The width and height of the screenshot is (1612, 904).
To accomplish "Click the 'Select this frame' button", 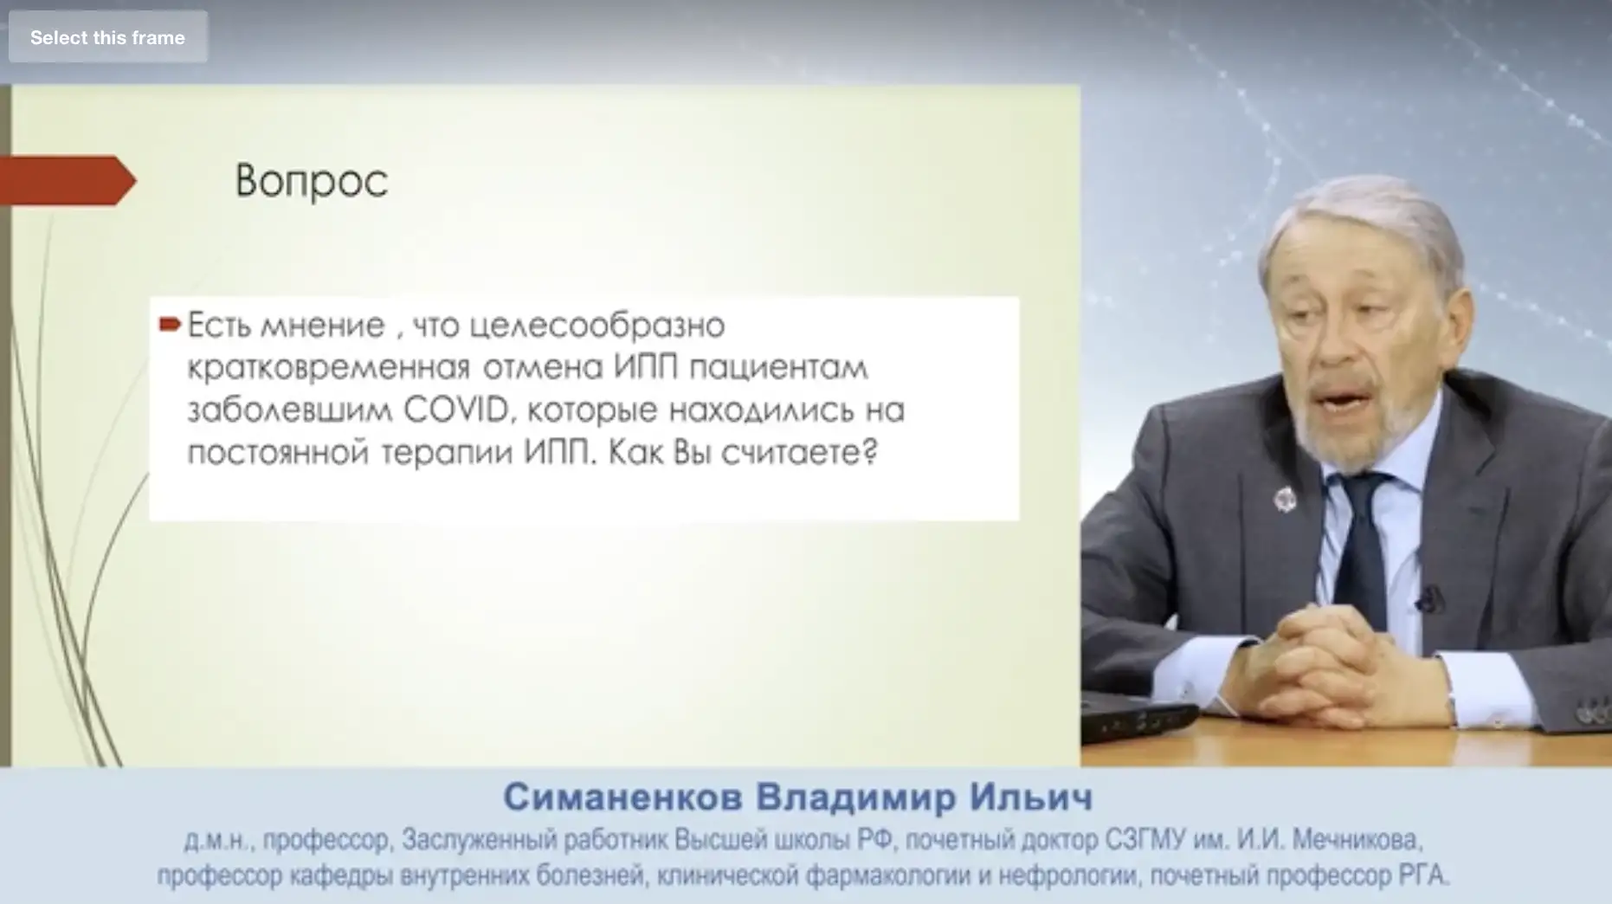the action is (107, 37).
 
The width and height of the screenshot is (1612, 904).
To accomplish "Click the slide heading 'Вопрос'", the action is (311, 181).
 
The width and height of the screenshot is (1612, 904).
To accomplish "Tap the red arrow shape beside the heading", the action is (68, 180).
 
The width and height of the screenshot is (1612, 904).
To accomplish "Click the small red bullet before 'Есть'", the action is (170, 325).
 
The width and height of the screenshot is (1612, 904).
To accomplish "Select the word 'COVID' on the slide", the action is (456, 410).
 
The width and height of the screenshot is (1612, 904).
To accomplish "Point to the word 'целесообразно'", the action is (596, 326).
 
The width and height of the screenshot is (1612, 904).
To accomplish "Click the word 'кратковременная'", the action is (328, 368).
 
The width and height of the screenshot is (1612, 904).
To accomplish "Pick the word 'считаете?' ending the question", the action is (799, 453).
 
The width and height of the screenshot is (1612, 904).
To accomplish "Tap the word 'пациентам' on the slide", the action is (779, 368).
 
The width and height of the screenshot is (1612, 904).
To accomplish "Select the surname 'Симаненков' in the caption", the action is (622, 797).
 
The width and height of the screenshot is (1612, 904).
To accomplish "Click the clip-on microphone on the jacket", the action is (1428, 599).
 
